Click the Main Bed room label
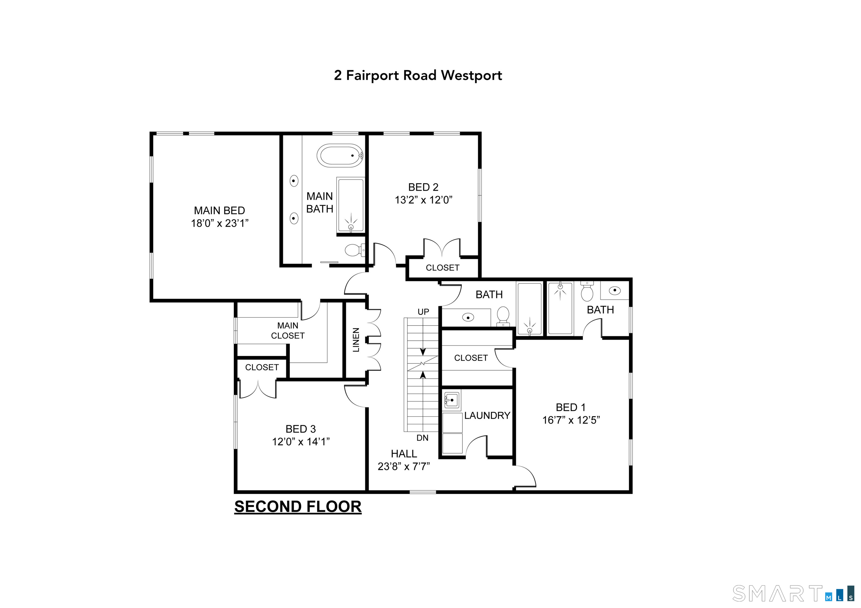[219, 211]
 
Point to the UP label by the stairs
[423, 312]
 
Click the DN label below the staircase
[422, 438]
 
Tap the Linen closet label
[356, 340]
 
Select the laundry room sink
[452, 400]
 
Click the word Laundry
[487, 415]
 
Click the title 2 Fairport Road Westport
[418, 75]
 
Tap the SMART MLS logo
[793, 593]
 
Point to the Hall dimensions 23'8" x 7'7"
[404, 466]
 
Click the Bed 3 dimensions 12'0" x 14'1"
[301, 442]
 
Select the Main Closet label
[288, 330]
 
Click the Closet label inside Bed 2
[443, 268]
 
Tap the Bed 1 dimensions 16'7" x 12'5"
[571, 420]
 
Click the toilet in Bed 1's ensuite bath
[587, 292]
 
